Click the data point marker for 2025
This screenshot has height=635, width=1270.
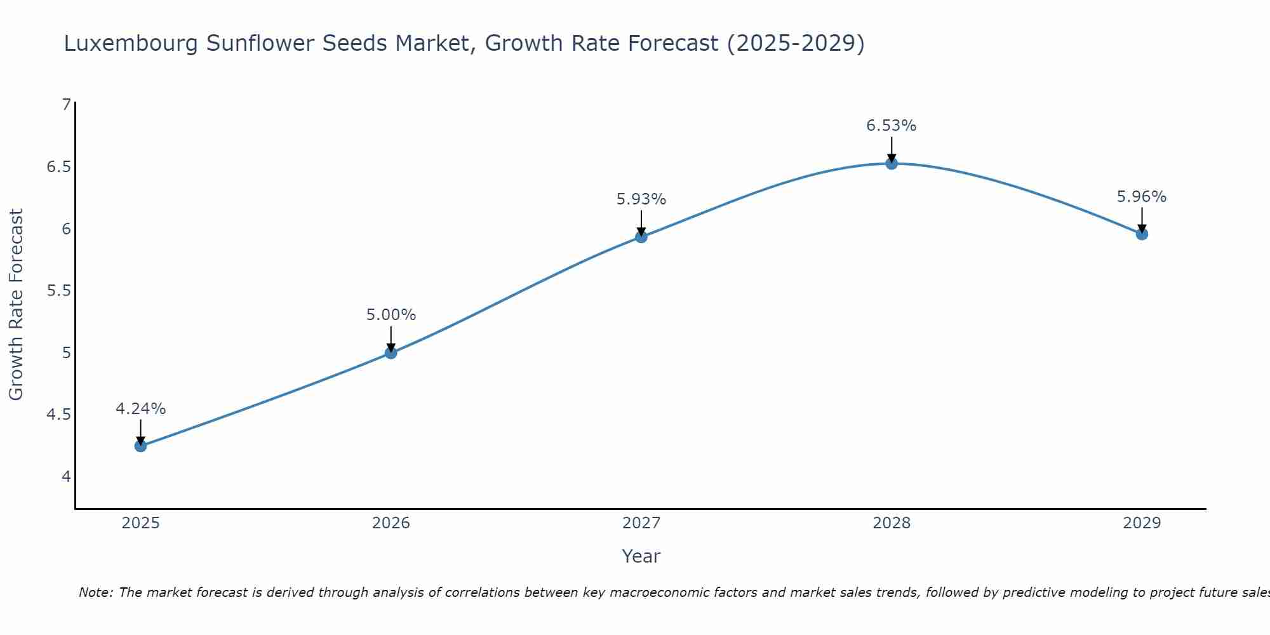point(140,446)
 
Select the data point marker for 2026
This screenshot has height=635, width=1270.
point(391,352)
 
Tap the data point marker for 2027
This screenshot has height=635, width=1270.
point(641,237)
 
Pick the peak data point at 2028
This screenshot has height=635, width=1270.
point(892,163)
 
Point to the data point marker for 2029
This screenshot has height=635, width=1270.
point(1142,234)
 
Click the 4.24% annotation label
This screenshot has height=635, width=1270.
point(140,409)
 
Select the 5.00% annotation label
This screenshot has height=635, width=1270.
point(391,315)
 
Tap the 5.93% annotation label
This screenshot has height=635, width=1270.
point(641,199)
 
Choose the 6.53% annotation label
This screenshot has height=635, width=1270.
point(892,126)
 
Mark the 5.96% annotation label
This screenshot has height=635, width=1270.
point(1142,197)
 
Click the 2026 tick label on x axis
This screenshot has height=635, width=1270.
point(391,523)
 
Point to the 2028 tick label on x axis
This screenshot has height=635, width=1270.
point(892,523)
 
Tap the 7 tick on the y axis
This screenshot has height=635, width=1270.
point(66,105)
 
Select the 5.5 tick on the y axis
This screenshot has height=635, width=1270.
point(58,291)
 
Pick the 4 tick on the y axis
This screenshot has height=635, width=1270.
point(66,476)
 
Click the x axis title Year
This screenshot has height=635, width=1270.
point(641,556)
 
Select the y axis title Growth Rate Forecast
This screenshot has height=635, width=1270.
point(16,305)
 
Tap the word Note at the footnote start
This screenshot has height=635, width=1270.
point(95,592)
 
